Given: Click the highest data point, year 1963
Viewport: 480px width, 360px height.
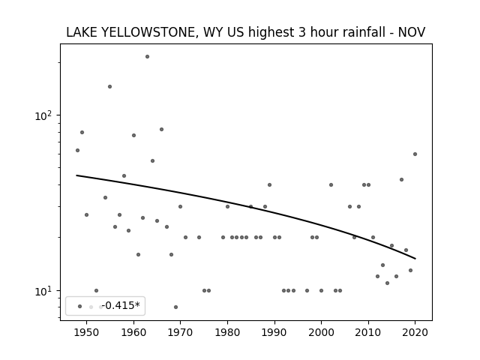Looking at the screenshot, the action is (147, 57).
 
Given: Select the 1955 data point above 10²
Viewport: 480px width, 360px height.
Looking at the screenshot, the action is (110, 87).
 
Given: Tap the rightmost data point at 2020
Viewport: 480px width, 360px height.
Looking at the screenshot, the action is (415, 154).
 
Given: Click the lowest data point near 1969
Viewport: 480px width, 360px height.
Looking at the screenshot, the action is (175, 307).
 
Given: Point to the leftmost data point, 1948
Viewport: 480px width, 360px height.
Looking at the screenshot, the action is (77, 150).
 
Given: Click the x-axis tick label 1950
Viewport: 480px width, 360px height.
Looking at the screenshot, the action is (87, 332).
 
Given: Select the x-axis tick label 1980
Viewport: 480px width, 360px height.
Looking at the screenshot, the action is (227, 332).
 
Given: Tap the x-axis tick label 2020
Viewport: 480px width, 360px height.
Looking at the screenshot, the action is (415, 332).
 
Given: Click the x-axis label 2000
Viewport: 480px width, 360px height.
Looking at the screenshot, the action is (321, 332).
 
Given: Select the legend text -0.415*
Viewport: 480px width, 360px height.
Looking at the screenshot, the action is (121, 305).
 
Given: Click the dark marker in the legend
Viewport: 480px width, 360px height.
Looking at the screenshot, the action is (80, 306).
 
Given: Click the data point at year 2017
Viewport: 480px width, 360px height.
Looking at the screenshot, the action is (402, 180).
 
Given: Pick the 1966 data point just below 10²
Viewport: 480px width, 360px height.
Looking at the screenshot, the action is (162, 130).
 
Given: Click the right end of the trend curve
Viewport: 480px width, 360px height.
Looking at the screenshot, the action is (415, 259).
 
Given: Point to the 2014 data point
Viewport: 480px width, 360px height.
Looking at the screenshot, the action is (387, 283).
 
